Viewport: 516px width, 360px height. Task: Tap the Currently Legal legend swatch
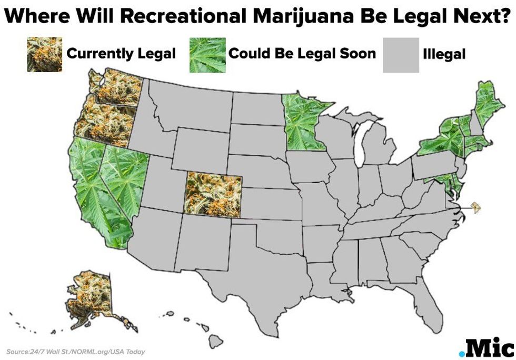[44, 54]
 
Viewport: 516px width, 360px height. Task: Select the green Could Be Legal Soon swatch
[207, 55]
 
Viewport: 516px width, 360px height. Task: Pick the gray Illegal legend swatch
[401, 55]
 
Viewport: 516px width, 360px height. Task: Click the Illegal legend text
[444, 54]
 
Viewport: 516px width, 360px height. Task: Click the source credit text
[76, 352]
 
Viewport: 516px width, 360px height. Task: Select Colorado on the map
[213, 193]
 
